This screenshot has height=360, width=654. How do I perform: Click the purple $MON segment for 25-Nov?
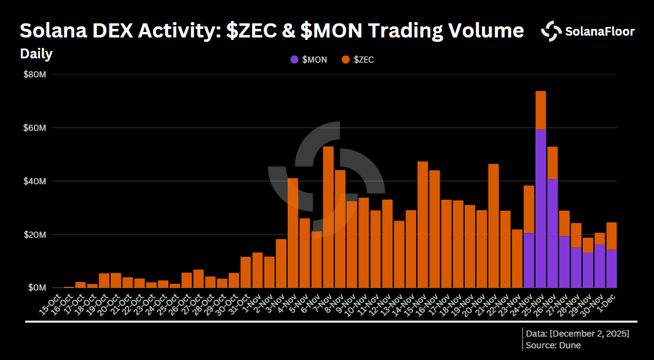[541, 208]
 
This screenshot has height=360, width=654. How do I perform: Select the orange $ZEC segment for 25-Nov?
[541, 110]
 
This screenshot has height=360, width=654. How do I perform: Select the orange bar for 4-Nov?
[293, 233]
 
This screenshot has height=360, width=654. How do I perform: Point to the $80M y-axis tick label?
[35, 75]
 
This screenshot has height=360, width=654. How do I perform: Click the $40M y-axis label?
[35, 181]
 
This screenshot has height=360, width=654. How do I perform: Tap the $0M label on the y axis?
[37, 288]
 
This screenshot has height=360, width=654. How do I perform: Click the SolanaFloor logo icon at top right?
[551, 31]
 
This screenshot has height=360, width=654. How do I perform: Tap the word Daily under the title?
[36, 54]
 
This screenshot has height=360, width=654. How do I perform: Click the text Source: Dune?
[553, 345]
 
